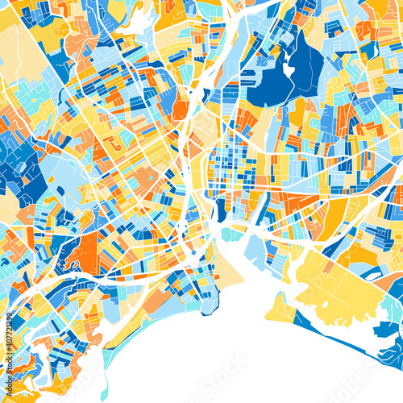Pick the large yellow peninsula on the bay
click(339, 286)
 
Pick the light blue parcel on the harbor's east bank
click(256, 246)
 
